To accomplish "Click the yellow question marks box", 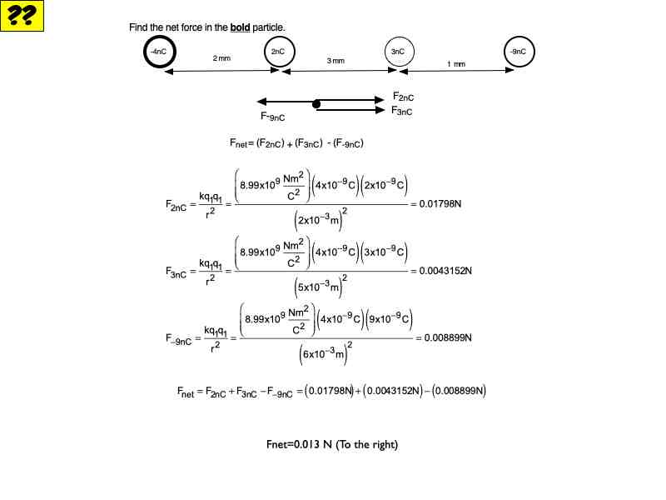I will [22, 16].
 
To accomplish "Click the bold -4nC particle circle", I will [158, 52].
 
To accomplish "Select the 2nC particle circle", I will [278, 52].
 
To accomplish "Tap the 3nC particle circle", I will [398, 52].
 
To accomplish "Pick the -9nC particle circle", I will [518, 52].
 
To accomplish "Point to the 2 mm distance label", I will [221, 58].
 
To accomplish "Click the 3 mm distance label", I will [335, 62].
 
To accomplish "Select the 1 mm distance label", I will [455, 64].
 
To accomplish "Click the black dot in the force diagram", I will [316, 104].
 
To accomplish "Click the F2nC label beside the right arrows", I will [404, 97].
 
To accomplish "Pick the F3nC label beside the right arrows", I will [402, 110].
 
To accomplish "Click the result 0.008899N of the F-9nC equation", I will [449, 337].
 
